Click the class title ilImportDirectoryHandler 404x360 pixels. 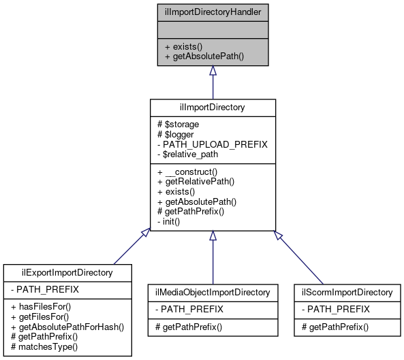[213, 11]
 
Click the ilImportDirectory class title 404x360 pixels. [213, 108]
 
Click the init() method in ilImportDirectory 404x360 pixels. [172, 222]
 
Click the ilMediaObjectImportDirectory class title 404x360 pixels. [213, 293]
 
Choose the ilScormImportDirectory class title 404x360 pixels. [347, 293]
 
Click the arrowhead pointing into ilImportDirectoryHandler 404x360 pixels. [213, 71]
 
